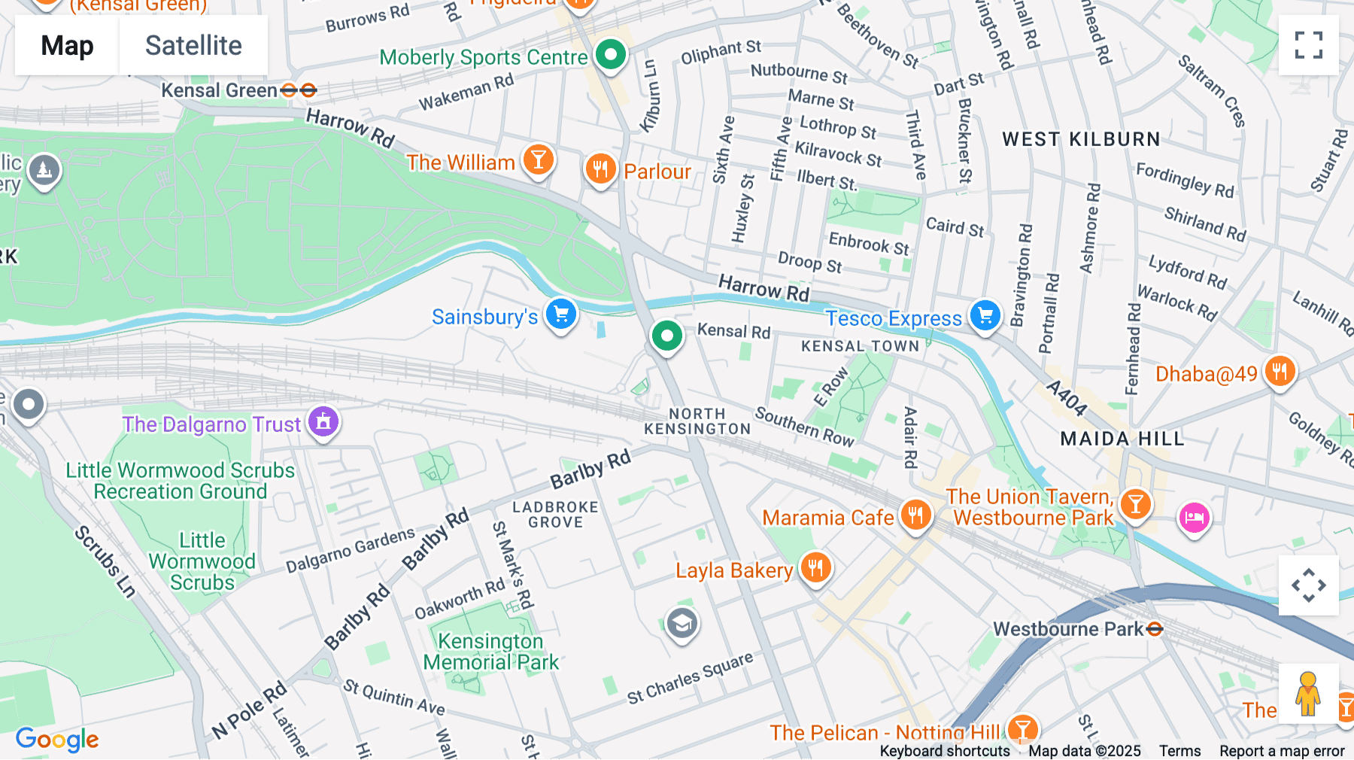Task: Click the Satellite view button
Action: tap(193, 45)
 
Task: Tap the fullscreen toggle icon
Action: tap(1308, 45)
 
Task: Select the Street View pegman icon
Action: tap(1308, 694)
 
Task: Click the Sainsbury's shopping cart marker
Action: tap(561, 314)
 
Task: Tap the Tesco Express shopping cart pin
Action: tap(985, 315)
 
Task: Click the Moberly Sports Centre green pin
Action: tap(611, 54)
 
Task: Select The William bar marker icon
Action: tap(539, 160)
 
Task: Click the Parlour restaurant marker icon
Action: tap(600, 169)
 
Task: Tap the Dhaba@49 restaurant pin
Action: tap(1280, 371)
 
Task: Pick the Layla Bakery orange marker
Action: tap(815, 567)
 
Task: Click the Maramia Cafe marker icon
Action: tap(915, 515)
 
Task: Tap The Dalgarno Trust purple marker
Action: tap(323, 421)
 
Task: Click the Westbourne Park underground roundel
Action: tap(1155, 629)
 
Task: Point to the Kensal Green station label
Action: tap(219, 91)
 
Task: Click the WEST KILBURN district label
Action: tap(1081, 139)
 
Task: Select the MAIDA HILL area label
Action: tap(1122, 439)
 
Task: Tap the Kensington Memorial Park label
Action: tap(490, 652)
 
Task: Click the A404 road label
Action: tap(1067, 398)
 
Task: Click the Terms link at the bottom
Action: tap(1179, 751)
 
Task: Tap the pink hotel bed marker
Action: tap(1194, 518)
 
